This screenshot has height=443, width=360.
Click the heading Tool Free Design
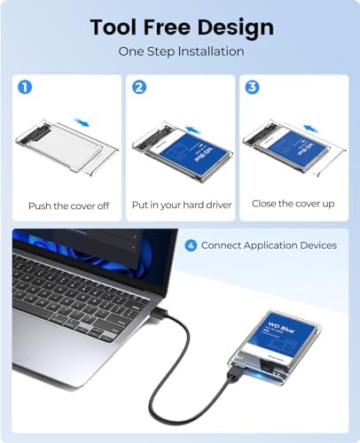coord(181,27)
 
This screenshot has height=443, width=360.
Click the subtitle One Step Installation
coord(181,51)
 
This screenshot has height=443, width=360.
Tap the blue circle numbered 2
coord(138,88)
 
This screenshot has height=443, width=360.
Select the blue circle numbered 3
coord(253,88)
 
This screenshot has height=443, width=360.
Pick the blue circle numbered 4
coord(190,245)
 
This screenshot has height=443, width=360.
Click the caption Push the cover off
coord(68,206)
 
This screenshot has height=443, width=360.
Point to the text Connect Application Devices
coord(269,245)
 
